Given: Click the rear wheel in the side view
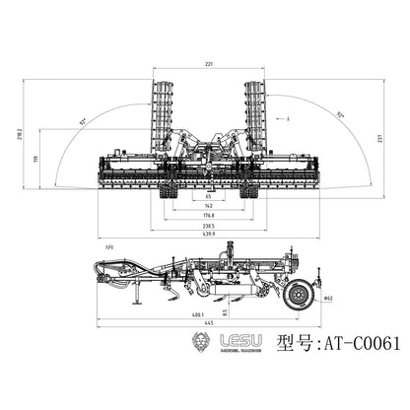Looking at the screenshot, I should click(x=299, y=293).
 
